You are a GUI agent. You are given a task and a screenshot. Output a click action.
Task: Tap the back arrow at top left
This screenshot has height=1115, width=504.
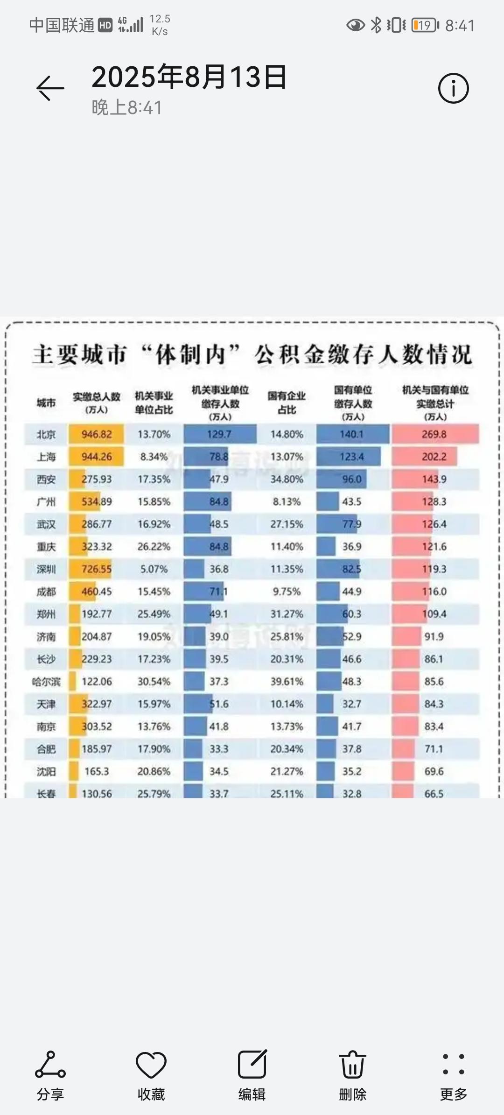click(x=50, y=88)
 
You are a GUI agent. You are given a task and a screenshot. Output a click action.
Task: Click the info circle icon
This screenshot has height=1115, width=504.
click(x=453, y=88)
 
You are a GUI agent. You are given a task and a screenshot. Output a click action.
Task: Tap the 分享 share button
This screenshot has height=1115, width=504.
click(x=50, y=1074)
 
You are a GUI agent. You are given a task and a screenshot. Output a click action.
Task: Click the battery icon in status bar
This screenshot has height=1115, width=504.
click(x=425, y=25)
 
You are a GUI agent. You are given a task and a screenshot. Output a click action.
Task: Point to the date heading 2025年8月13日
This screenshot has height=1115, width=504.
click(x=189, y=77)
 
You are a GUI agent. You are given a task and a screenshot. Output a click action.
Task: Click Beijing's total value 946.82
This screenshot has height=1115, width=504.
click(x=97, y=434)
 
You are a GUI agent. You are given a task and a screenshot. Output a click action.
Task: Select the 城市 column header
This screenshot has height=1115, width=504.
click(x=46, y=403)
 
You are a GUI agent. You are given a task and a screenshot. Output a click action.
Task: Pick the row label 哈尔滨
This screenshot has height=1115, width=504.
click(x=46, y=682)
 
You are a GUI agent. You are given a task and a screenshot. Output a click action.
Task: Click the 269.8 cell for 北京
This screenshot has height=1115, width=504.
click(x=434, y=434)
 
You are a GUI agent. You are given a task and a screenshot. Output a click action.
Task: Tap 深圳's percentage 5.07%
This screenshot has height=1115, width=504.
click(x=154, y=569)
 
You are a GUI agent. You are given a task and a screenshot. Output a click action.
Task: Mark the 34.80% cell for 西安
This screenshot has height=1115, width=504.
click(x=287, y=479)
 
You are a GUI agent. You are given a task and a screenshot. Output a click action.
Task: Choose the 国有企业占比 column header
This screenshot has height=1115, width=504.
click(x=287, y=403)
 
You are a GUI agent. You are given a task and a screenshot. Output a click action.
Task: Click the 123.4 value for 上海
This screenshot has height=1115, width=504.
click(x=351, y=457)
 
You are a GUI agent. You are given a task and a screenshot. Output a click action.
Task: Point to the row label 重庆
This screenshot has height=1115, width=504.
click(x=46, y=547)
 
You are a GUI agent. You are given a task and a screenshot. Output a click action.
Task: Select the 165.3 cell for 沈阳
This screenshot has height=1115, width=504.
click(x=97, y=771)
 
